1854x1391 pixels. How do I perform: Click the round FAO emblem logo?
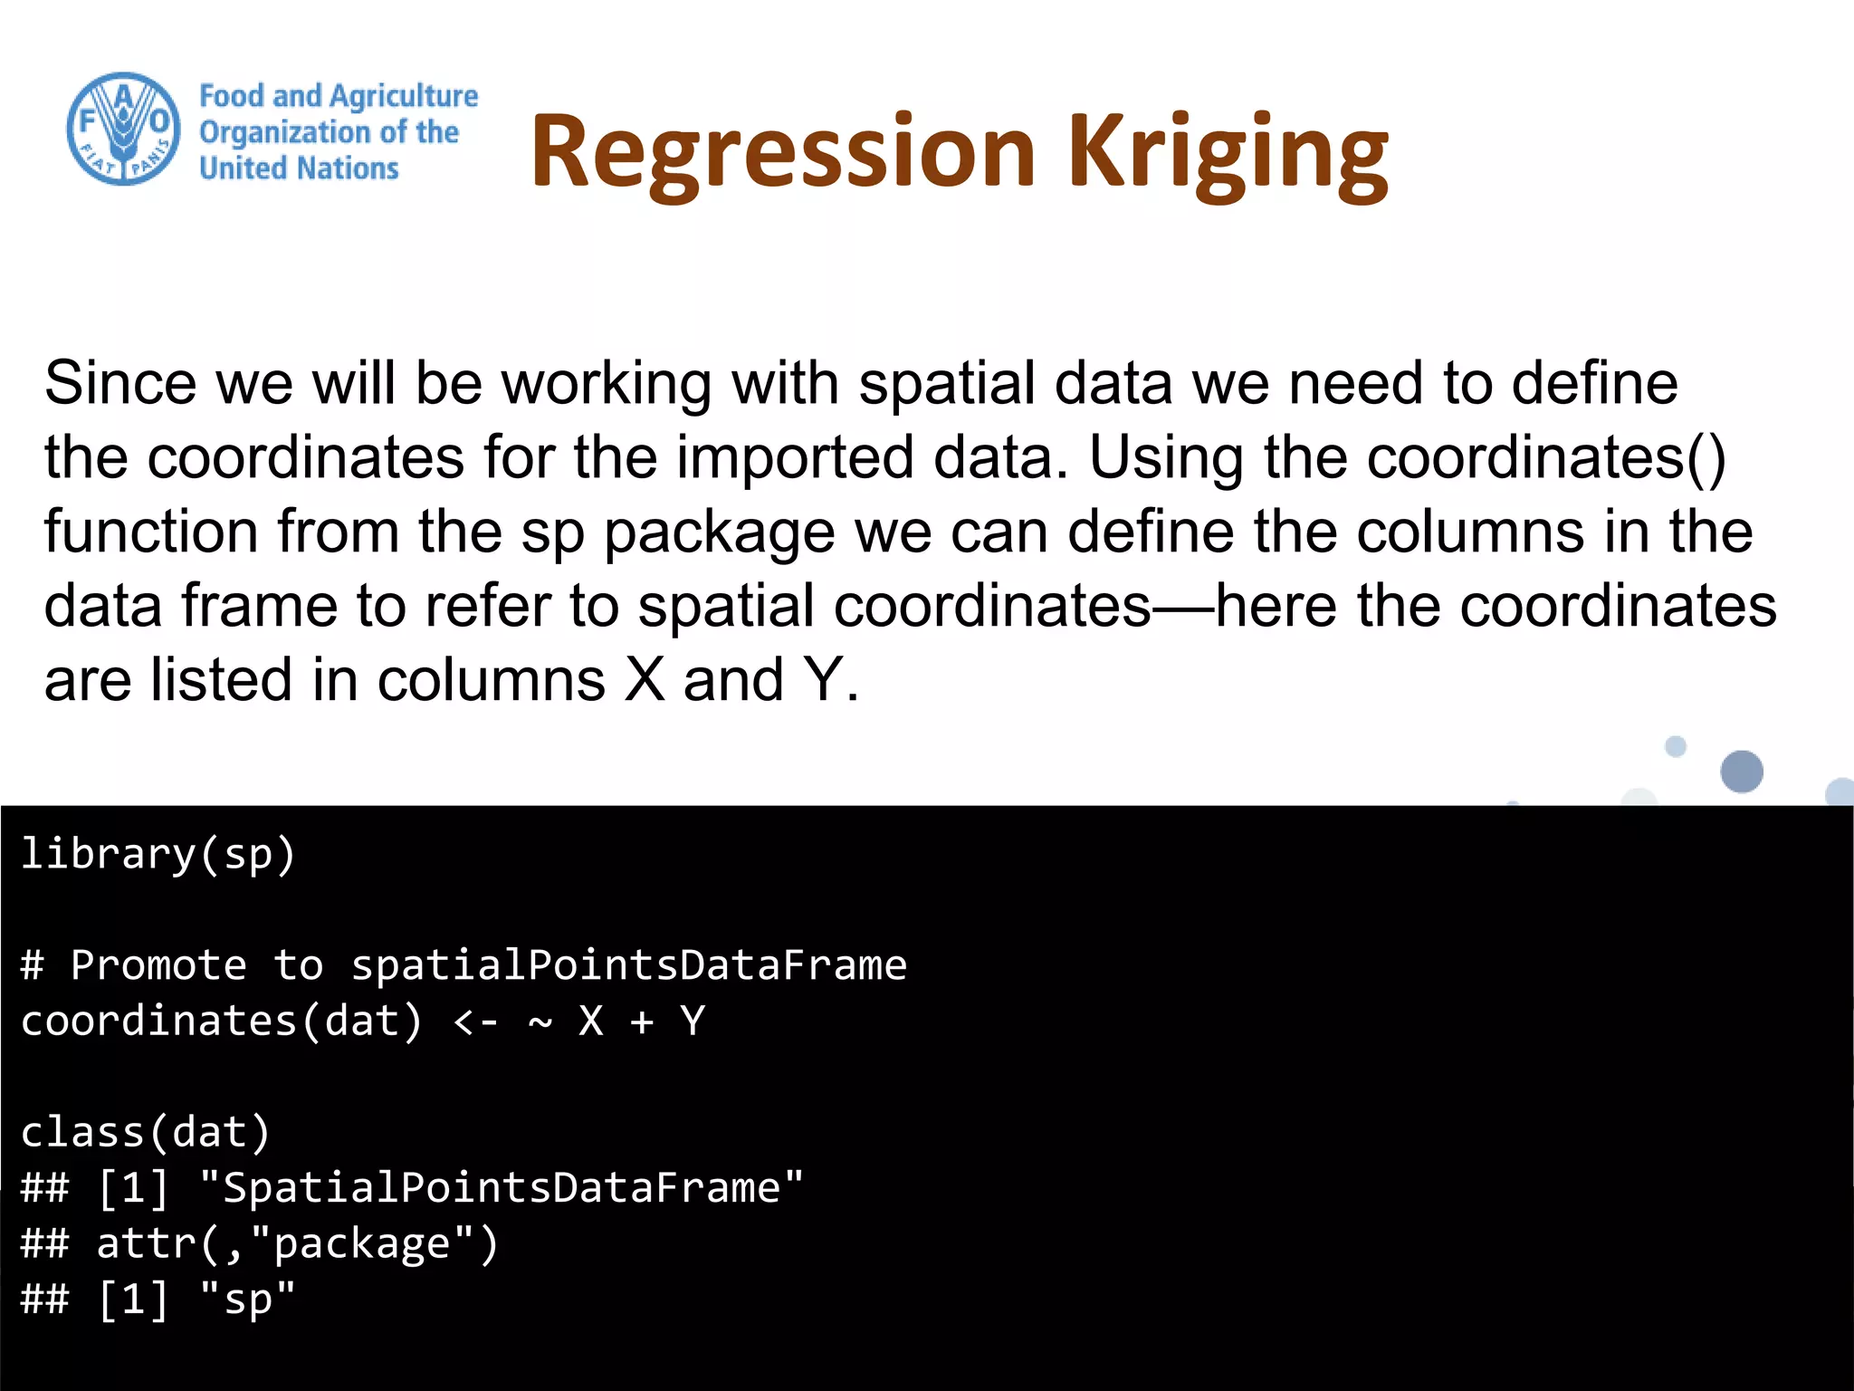[x=124, y=129]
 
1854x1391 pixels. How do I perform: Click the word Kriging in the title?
[x=1228, y=152]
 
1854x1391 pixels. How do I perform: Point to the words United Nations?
[x=299, y=168]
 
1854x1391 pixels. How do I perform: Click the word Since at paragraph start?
[x=119, y=383]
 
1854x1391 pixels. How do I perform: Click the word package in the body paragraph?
[x=719, y=532]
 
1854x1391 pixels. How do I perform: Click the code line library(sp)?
[x=158, y=854]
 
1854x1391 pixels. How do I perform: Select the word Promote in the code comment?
[x=158, y=965]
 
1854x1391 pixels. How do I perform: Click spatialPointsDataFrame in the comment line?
[x=628, y=965]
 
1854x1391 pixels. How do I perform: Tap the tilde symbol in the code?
[x=540, y=1022]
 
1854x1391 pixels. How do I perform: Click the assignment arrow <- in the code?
[x=476, y=1022]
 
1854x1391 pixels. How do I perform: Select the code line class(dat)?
[x=145, y=1133]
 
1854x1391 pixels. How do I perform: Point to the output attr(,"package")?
[x=297, y=1244]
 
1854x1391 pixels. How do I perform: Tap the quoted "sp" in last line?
[x=246, y=1300]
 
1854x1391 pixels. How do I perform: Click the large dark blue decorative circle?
[x=1742, y=772]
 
